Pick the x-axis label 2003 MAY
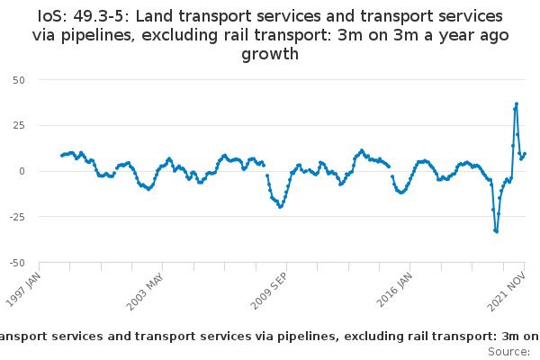[147, 286]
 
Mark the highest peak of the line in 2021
[517, 103]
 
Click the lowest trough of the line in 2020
[497, 231]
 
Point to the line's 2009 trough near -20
[280, 207]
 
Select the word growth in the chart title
[270, 55]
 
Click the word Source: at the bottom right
[509, 350]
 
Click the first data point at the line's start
[61, 155]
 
